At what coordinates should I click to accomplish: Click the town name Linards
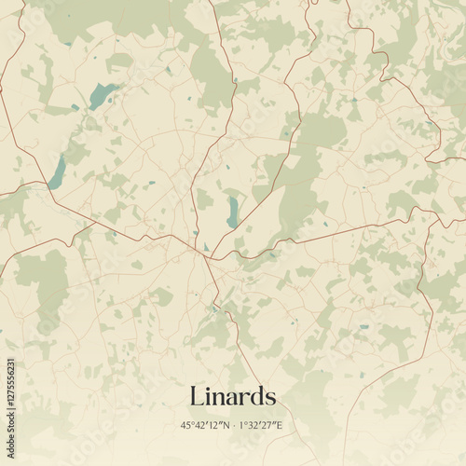233,396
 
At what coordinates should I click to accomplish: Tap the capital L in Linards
197,396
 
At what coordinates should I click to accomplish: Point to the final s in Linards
270,399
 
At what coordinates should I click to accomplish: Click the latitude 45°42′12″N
206,425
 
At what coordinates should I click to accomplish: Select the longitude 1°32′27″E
261,425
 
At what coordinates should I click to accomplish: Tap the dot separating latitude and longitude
234,426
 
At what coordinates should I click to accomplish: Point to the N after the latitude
226,425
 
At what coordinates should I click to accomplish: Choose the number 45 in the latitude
188,425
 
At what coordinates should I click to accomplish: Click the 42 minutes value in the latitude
200,425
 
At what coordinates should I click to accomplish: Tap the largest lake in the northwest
102,93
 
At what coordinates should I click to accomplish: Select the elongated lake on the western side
58,172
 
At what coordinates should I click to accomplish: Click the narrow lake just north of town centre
231,211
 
